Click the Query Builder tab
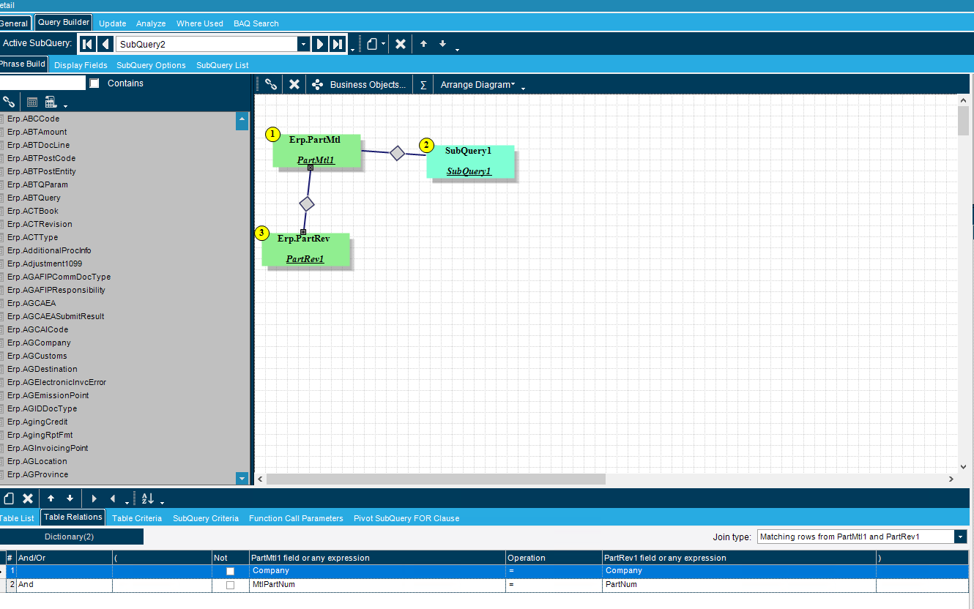tap(64, 22)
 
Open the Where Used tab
tap(200, 23)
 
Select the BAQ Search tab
tap(256, 23)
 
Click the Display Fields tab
tap(81, 65)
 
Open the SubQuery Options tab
tap(151, 65)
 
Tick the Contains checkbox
tap(94, 83)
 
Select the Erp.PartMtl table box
tap(316, 150)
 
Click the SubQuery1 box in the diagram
tap(470, 161)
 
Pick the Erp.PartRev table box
tap(305, 249)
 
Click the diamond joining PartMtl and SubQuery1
tap(397, 153)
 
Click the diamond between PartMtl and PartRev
tap(307, 204)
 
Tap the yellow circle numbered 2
tap(426, 145)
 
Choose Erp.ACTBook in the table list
tap(33, 211)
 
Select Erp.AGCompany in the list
tap(39, 343)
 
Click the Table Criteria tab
tap(137, 518)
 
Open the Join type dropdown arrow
tap(961, 537)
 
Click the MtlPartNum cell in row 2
tap(273, 585)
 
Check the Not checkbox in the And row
tap(231, 585)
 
